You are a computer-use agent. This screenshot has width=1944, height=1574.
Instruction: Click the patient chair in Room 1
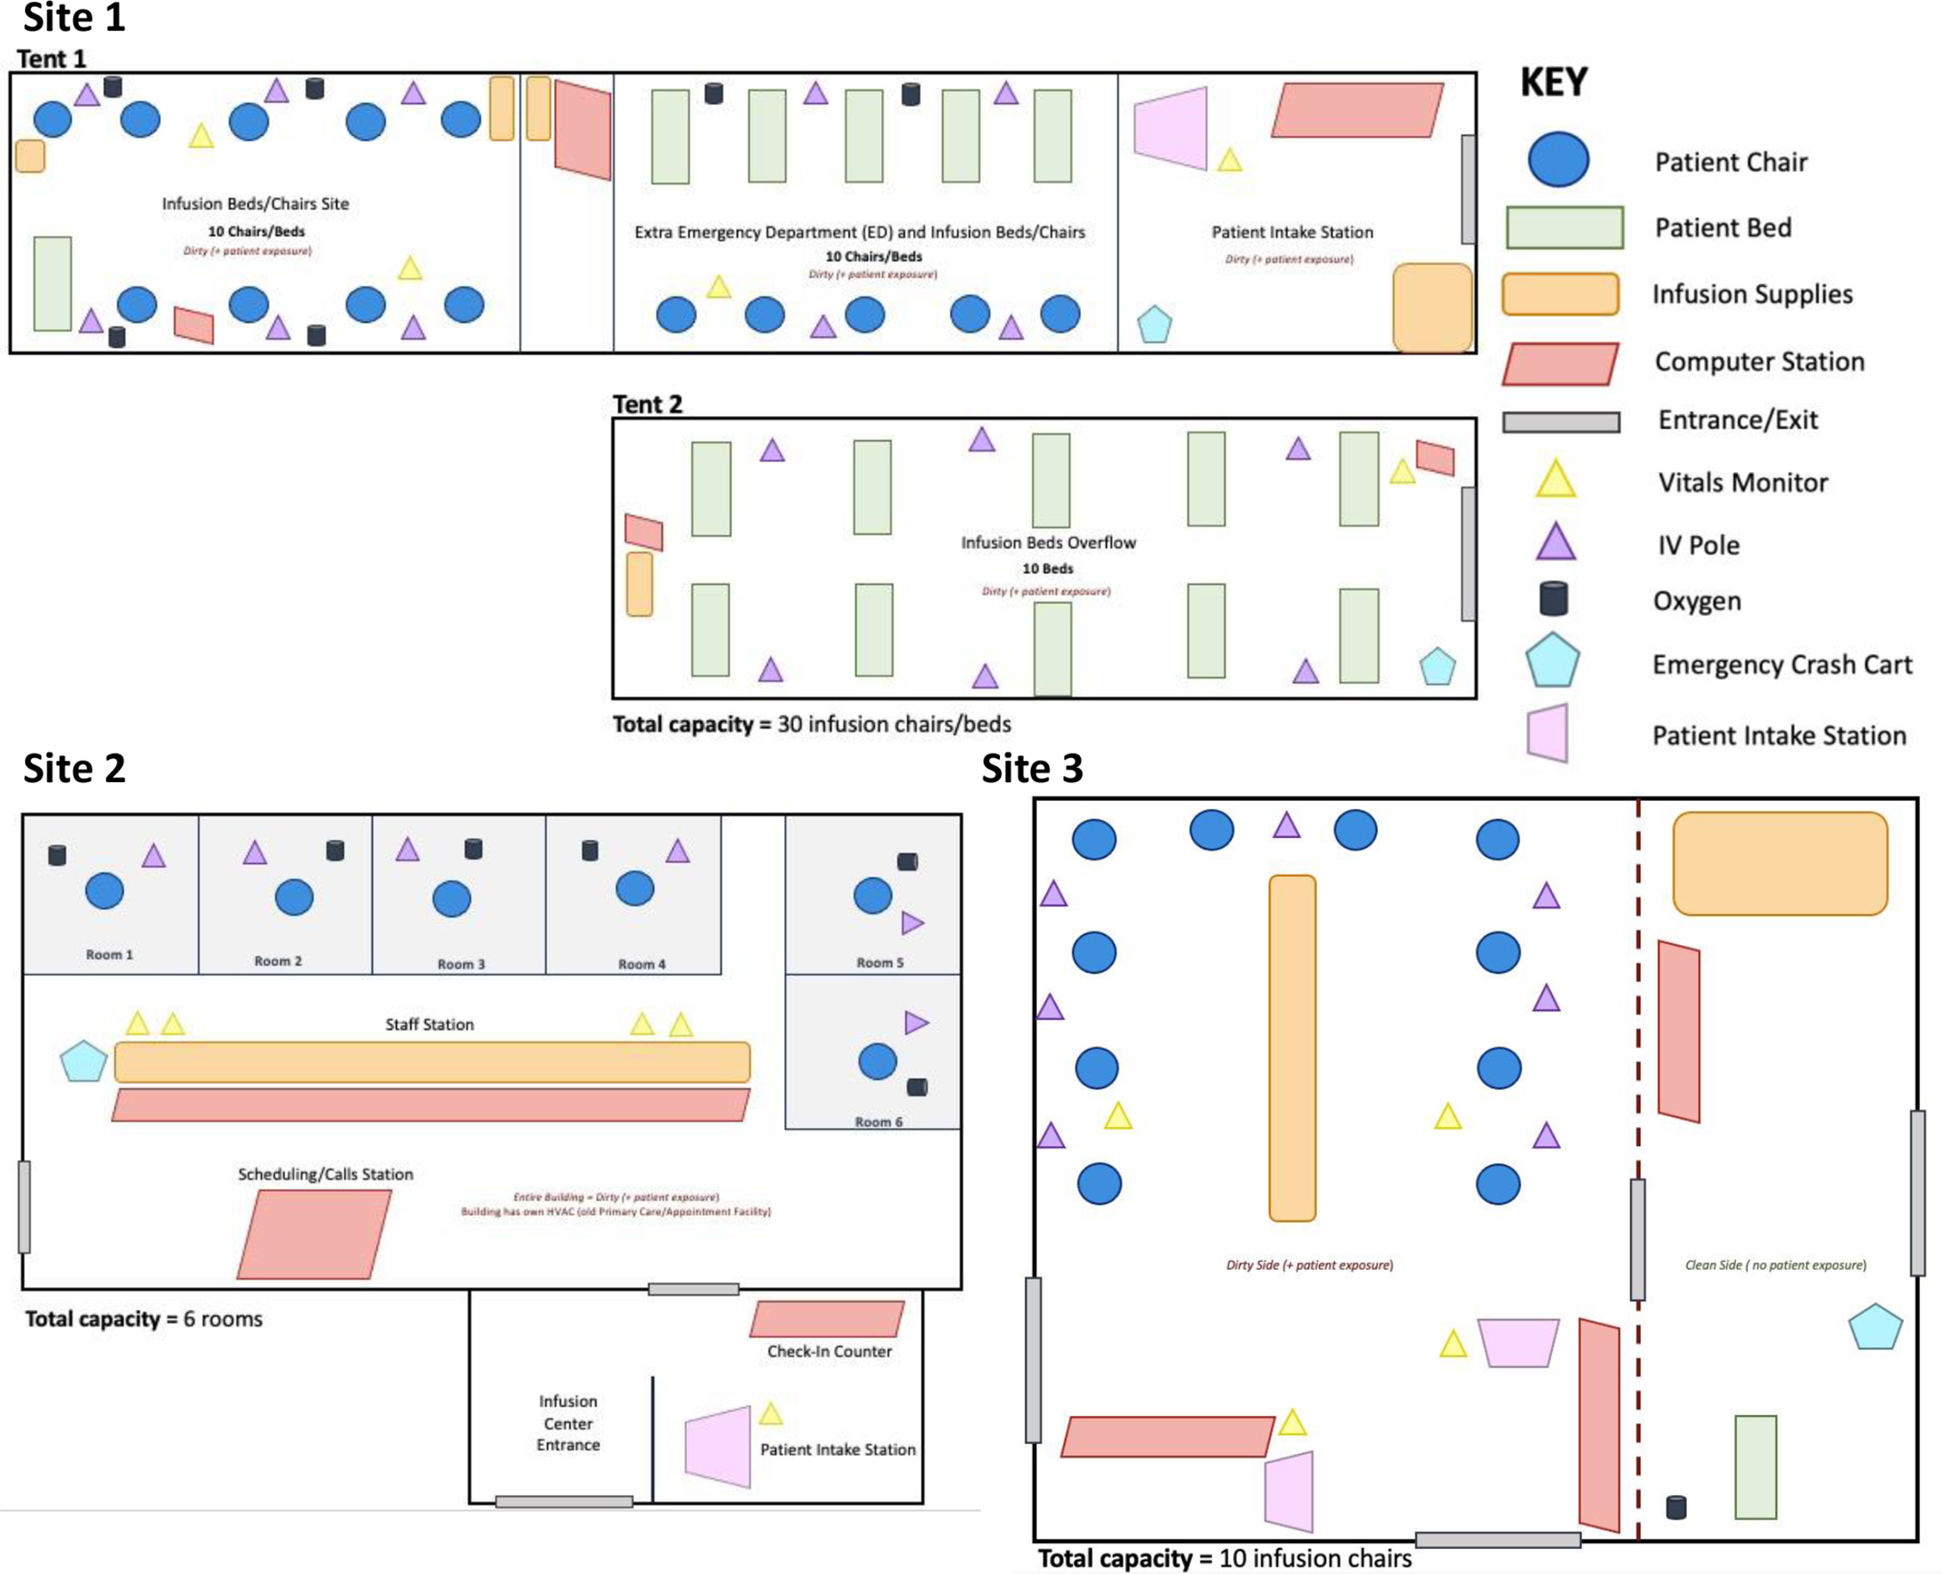pyautogui.click(x=104, y=891)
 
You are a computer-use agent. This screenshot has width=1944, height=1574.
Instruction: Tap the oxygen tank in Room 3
pyautogui.click(x=472, y=849)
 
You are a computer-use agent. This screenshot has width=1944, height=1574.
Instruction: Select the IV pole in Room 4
pyautogui.click(x=677, y=851)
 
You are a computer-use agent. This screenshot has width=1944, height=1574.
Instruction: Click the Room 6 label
pyautogui.click(x=877, y=1122)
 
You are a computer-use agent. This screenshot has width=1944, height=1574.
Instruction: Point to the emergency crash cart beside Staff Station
pyautogui.click(x=84, y=1062)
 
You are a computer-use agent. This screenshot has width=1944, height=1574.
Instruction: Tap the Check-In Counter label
pyautogui.click(x=828, y=1351)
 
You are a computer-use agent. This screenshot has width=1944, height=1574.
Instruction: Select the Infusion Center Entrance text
pyautogui.click(x=568, y=1423)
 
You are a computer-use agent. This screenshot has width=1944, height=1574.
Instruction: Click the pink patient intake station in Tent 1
pyautogui.click(x=1172, y=128)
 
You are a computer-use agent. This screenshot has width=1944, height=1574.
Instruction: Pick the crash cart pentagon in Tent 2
pyautogui.click(x=1437, y=667)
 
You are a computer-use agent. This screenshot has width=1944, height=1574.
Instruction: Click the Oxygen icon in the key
pyautogui.click(x=1553, y=599)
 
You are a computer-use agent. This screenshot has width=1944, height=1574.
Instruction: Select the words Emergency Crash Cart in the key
pyautogui.click(x=1781, y=665)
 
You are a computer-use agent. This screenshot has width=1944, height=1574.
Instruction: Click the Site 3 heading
pyautogui.click(x=1032, y=768)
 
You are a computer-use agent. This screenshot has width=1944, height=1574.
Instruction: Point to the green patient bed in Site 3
pyautogui.click(x=1756, y=1466)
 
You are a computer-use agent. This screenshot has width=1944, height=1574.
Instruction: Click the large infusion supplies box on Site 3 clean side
pyautogui.click(x=1780, y=863)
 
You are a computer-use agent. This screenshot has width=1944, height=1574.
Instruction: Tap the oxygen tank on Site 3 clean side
pyautogui.click(x=1676, y=1507)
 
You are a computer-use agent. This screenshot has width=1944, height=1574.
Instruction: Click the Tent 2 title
pyautogui.click(x=647, y=404)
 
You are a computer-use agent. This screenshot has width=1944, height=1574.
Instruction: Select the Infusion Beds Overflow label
pyautogui.click(x=1048, y=542)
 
